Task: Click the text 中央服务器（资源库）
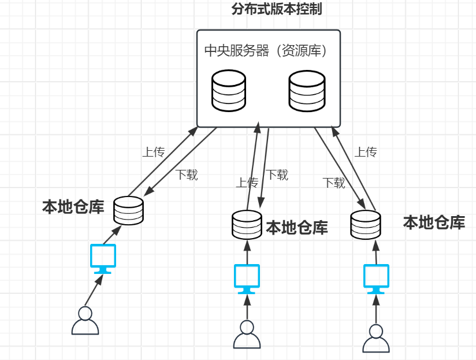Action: [266, 51]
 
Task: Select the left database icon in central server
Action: [229, 91]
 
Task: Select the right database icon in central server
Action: [306, 91]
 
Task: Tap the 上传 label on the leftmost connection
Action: [154, 153]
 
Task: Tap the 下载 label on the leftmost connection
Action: [187, 175]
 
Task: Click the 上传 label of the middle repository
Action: [247, 183]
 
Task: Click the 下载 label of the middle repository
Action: [277, 175]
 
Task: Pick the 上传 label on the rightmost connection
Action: [365, 153]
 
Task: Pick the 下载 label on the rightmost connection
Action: [334, 183]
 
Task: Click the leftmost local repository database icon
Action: [128, 211]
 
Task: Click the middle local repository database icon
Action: [247, 225]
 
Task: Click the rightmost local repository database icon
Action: [366, 225]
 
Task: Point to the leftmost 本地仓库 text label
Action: [73, 207]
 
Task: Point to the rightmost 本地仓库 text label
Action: [434, 222]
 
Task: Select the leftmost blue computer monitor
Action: [103, 258]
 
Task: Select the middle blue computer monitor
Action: [247, 279]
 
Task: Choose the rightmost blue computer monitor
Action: [377, 279]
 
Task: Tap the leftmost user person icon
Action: [85, 321]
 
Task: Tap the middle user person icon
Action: [247, 335]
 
